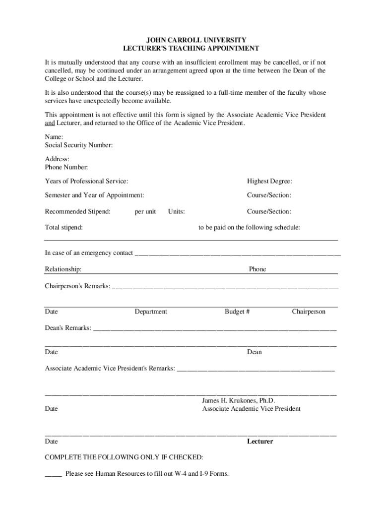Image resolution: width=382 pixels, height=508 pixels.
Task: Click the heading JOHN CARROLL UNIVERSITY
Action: pos(191,40)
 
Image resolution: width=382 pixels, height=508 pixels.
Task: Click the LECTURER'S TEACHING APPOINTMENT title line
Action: pos(191,49)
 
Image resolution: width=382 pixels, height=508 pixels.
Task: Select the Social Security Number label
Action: pos(79,145)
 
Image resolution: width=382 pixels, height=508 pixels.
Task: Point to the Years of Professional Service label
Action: pos(86,182)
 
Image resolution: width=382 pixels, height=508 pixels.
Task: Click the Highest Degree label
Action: pos(269,182)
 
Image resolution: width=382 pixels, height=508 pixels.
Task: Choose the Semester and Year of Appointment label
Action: pos(94,195)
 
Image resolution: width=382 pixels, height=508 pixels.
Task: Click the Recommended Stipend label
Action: pos(77,212)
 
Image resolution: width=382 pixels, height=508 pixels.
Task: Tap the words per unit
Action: pos(145,212)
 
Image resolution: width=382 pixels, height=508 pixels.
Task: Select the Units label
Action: pos(176,212)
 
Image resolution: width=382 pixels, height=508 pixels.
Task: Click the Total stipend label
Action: pos(64,228)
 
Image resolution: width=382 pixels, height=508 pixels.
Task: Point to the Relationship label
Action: pos(63,269)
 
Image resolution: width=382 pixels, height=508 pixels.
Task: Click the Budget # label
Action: pos(237,312)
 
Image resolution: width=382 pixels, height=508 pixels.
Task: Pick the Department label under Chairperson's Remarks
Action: pos(151,312)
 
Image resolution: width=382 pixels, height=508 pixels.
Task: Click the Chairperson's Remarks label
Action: pos(77,286)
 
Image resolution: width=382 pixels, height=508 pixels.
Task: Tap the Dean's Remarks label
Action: pos(68,328)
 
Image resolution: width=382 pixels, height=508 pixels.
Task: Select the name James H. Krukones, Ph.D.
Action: pos(238,400)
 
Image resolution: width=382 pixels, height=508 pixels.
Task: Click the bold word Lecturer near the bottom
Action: pos(260,442)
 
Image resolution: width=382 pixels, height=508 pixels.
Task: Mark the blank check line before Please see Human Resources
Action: pos(53,474)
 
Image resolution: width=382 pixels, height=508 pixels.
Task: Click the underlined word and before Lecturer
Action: pos(50,123)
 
